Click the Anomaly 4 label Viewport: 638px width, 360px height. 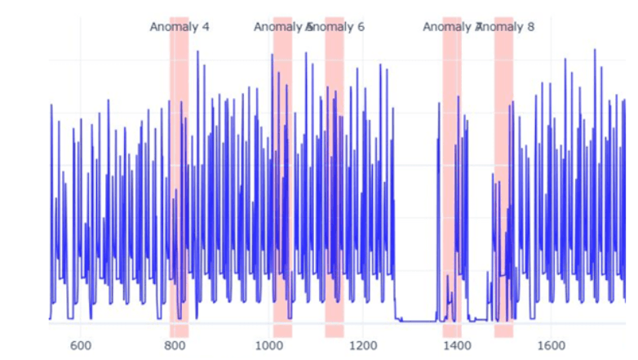(179, 27)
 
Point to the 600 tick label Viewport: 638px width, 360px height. (81, 345)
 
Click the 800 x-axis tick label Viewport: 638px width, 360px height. (175, 345)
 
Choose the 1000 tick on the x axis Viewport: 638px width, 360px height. (268, 345)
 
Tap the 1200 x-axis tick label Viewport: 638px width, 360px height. (363, 345)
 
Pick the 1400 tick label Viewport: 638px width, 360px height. (457, 345)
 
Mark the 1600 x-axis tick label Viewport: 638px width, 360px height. (551, 345)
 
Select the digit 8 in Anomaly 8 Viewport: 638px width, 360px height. (530, 27)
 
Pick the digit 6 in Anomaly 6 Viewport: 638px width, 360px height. (361, 27)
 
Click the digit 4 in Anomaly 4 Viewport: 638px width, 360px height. (205, 27)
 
